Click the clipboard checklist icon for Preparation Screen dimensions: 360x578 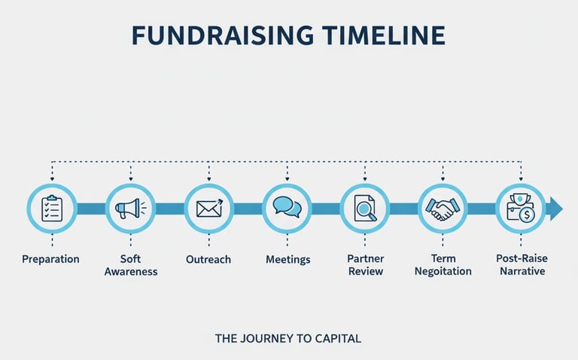(x=52, y=208)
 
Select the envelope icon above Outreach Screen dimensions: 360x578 (x=209, y=208)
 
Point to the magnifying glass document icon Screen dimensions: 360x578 (x=366, y=208)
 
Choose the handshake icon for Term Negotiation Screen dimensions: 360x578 (x=443, y=209)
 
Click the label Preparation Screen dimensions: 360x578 (x=50, y=259)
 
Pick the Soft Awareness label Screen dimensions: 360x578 (x=131, y=265)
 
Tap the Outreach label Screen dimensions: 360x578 (x=208, y=259)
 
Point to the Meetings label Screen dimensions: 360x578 (x=287, y=259)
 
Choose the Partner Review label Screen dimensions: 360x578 (x=366, y=265)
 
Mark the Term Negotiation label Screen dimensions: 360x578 (x=443, y=265)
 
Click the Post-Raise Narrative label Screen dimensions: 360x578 (x=522, y=265)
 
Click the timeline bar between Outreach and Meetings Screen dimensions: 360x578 (x=248, y=209)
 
